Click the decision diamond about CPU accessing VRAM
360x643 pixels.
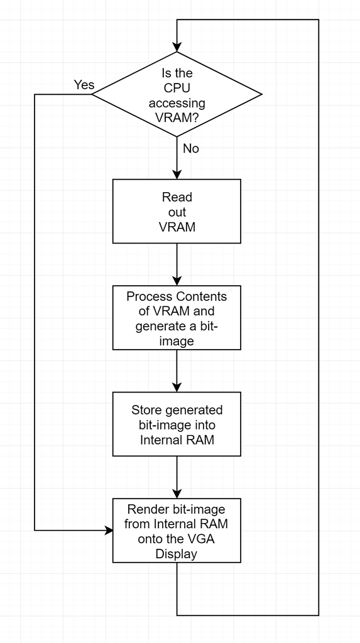click(x=177, y=94)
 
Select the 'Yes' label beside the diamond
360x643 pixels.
click(x=84, y=85)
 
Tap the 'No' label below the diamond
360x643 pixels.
click(x=190, y=149)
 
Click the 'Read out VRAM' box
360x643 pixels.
click(x=177, y=211)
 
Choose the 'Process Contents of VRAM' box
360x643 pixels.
click(x=177, y=318)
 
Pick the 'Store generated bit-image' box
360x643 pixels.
click(x=177, y=424)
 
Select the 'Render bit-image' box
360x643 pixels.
click(x=177, y=531)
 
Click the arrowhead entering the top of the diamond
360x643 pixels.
click(x=177, y=48)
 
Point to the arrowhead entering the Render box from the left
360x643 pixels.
click(x=108, y=531)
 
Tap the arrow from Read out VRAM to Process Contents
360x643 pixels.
click(x=177, y=264)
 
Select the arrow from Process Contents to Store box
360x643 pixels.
click(x=177, y=370)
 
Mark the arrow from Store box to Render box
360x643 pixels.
click(x=177, y=477)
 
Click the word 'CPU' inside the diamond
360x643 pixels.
click(x=177, y=89)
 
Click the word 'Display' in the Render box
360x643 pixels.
click(x=177, y=554)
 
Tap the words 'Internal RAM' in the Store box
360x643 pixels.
click(x=177, y=440)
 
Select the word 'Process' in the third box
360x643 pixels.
click(x=148, y=296)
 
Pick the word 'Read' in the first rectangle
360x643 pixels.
click(x=177, y=197)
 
